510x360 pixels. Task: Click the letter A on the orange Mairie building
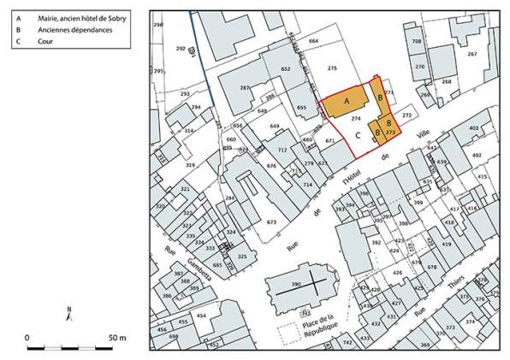(347, 101)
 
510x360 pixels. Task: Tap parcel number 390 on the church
(296, 283)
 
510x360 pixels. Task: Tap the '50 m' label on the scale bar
(116, 338)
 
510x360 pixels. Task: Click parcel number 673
(272, 222)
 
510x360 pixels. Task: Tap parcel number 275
(332, 68)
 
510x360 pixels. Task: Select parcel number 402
(477, 155)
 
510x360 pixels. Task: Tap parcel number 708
(417, 41)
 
